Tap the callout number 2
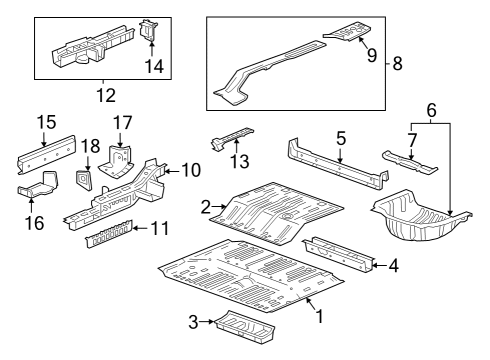[x=206, y=207]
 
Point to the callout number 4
[x=393, y=266]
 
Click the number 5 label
[x=340, y=137]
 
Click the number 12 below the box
[x=104, y=96]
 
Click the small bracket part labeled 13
[x=232, y=138]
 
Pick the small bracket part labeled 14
[x=150, y=30]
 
